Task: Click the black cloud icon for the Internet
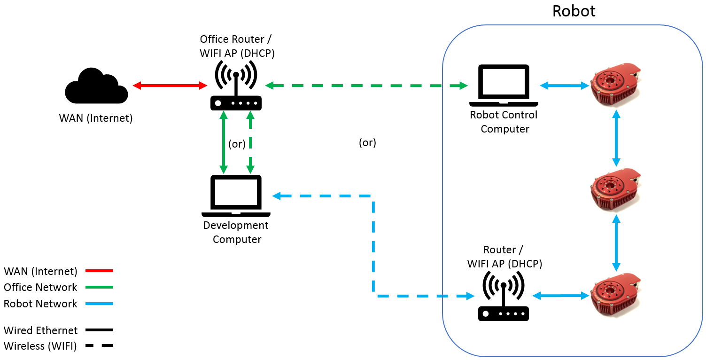pos(96,87)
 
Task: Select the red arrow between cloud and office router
pos(170,86)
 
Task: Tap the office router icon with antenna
pos(236,87)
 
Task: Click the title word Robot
pos(574,11)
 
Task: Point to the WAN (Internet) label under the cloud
pos(96,118)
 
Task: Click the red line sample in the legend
pos(99,271)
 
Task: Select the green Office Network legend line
pos(99,287)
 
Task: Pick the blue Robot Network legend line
pos(99,304)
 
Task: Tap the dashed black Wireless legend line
pos(99,346)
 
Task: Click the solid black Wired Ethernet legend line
pos(99,330)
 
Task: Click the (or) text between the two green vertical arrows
pos(237,144)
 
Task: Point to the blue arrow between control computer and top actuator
pos(565,86)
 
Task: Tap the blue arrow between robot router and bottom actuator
pos(561,296)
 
